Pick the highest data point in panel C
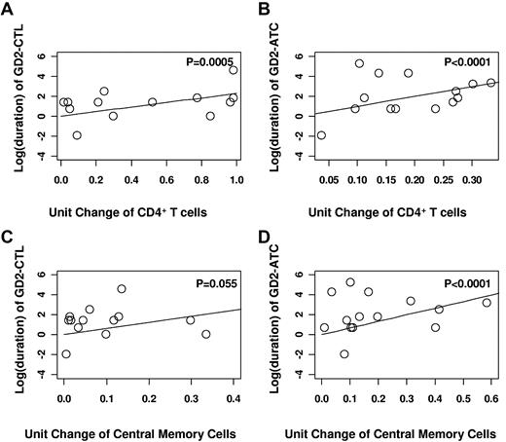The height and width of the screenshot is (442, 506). [x=122, y=288]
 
